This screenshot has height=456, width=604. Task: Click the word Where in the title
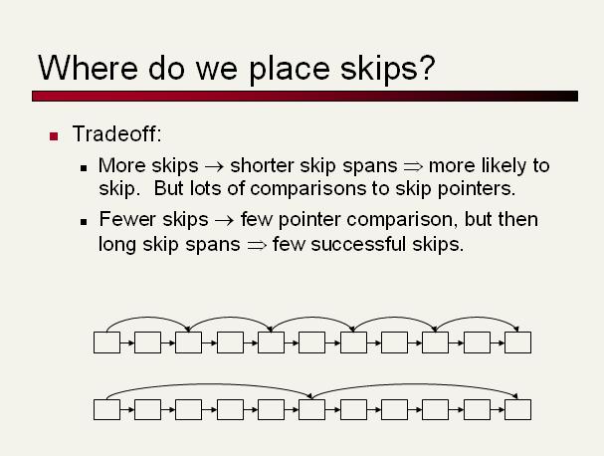[x=89, y=68]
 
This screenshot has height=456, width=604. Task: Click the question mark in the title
[x=428, y=67]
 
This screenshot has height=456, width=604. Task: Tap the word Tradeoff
[x=114, y=133]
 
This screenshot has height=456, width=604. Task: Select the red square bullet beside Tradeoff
[x=54, y=136]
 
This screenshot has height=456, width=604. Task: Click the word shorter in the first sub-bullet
[x=263, y=165]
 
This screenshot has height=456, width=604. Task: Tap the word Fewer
[x=127, y=219]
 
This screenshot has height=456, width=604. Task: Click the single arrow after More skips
[x=214, y=167]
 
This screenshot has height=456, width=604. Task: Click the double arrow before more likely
[x=413, y=167]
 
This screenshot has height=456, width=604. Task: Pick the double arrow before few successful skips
[x=257, y=245]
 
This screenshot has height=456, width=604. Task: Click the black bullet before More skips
[x=84, y=168]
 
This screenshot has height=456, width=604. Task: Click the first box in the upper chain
[x=106, y=342]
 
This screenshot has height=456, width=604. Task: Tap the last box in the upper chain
[x=517, y=342]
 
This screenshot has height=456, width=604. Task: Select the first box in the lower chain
[x=106, y=409]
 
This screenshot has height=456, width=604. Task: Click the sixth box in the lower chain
[x=311, y=409]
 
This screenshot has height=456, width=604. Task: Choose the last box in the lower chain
[x=517, y=409]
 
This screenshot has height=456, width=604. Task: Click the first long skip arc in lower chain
[x=208, y=384]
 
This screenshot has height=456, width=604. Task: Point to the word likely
[x=503, y=166]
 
